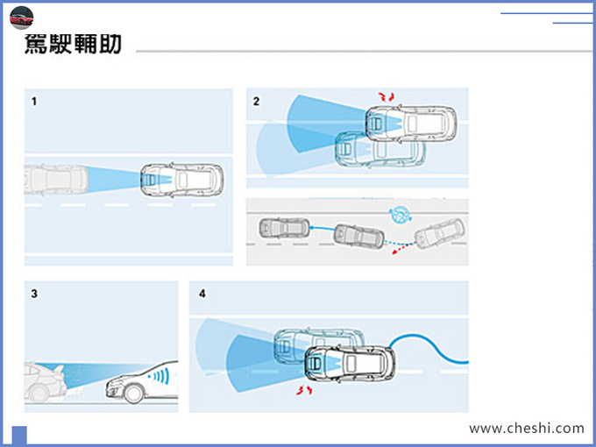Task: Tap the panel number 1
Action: [34, 102]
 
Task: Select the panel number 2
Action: [256, 102]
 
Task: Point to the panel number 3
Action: [34, 294]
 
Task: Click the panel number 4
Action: [202, 294]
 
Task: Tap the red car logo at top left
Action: [21, 18]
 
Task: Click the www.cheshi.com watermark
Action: [526, 429]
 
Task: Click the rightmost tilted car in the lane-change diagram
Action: [440, 234]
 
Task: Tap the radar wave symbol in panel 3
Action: [160, 378]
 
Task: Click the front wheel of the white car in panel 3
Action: [133, 394]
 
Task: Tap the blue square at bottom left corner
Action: [19, 436]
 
